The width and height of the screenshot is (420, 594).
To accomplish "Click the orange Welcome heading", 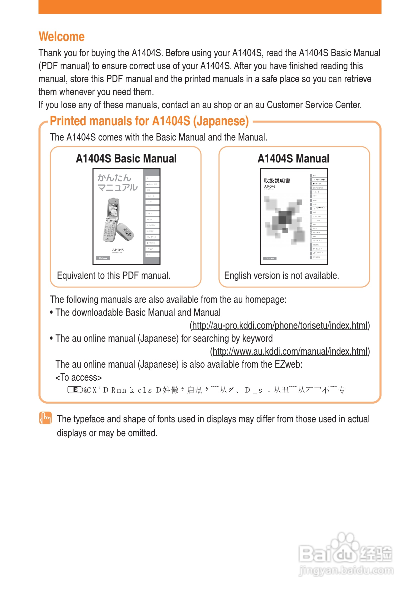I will [61, 36].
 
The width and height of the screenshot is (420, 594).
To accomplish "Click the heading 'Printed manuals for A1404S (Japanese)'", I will [149, 121].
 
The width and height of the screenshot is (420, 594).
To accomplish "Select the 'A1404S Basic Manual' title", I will [126, 158].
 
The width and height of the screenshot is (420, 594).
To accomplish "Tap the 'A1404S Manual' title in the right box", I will [293, 158].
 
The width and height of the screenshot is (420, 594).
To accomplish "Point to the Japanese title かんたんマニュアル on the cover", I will [117, 183].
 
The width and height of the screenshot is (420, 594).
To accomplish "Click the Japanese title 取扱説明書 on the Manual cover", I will [277, 181].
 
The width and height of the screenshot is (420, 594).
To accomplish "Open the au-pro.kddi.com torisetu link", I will [280, 325].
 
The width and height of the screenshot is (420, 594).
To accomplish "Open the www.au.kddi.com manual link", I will [290, 351].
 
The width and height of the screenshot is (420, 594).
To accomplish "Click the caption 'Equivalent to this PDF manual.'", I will [113, 276].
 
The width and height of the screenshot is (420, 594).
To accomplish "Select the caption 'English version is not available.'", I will [281, 276].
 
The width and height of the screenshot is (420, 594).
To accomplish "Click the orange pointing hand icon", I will [45, 418].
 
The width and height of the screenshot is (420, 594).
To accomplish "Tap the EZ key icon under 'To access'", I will [75, 390].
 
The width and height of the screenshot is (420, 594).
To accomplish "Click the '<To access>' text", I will [78, 377].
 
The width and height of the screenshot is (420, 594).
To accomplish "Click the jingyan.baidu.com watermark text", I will [346, 570].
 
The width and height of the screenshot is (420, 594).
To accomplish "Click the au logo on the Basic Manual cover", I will [103, 258].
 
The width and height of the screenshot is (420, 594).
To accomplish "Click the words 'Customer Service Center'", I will [314, 105].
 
